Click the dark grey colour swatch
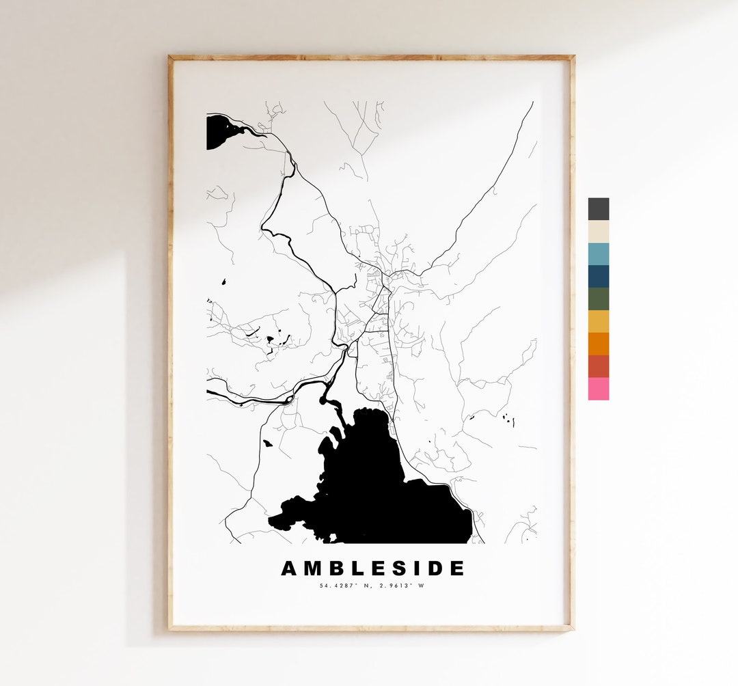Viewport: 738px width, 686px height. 598,209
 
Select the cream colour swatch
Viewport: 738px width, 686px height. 598,232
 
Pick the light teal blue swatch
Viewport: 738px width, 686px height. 598,253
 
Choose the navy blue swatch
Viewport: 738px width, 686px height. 598,276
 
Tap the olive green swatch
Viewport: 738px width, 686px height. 598,299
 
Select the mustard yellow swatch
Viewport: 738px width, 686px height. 598,321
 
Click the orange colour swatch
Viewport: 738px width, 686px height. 598,344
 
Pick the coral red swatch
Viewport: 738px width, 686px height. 598,366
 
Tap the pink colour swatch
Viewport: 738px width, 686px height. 598,389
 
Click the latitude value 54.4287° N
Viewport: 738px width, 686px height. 344,586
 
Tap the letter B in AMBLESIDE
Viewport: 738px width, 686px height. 335,568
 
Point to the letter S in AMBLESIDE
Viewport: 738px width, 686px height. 396,568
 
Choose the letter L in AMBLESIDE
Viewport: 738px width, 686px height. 356,568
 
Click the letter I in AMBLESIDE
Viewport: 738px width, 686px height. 415,568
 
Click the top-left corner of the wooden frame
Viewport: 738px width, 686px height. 171,58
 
